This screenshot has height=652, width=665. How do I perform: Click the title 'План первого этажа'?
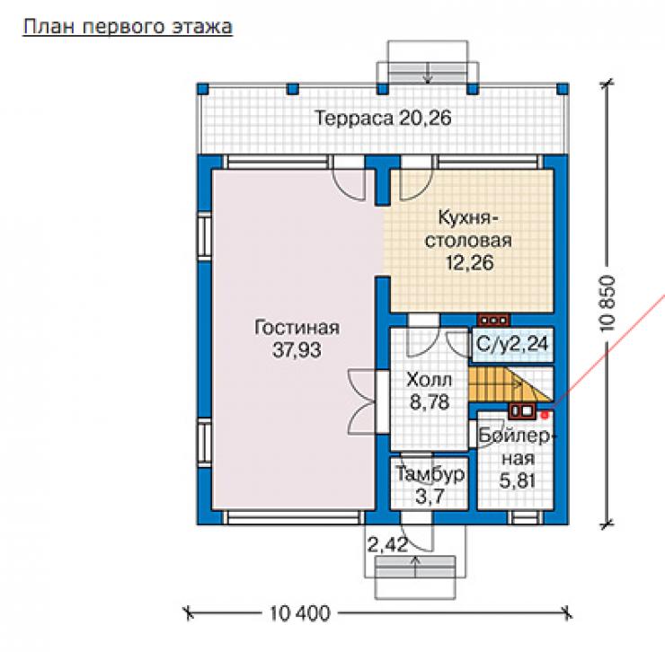pos(128,27)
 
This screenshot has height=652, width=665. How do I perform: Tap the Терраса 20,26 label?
pos(383,118)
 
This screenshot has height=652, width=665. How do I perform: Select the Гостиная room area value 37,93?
pos(297,350)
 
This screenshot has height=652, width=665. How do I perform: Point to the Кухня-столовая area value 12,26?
pos(470,263)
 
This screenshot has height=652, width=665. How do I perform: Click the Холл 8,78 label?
pos(430,391)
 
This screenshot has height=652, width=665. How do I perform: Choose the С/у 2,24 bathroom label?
pos(512,344)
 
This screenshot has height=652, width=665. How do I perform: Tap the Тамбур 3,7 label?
pos(430,485)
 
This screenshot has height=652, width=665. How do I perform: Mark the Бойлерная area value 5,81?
pos(518,480)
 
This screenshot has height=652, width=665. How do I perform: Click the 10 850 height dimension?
pos(607,304)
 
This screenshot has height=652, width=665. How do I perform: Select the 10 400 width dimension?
pos(300,613)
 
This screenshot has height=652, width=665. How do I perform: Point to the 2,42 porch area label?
pos(387,545)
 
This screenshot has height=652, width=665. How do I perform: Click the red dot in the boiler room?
pos(545,415)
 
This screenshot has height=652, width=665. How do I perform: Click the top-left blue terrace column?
pos(203,89)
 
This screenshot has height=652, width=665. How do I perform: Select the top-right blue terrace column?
pos(563,89)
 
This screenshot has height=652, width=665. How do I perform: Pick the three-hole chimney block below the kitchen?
pos(492,320)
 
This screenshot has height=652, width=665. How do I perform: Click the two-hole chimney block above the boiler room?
pos(522,410)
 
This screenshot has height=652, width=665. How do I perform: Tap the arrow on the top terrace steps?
pos(428,73)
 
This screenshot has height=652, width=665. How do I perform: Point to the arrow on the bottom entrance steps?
pos(415,567)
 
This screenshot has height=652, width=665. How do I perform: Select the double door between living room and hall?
pos(363,401)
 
